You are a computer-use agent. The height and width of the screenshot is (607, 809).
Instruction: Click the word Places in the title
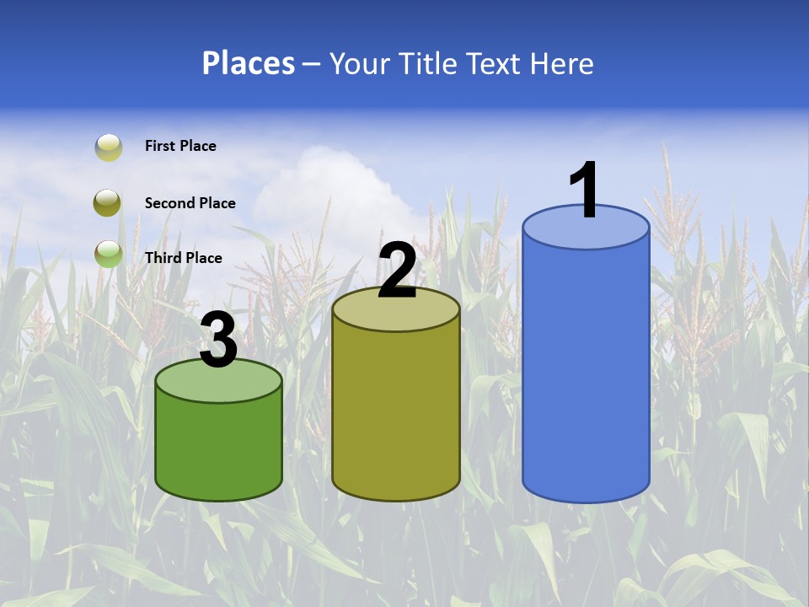point(248,63)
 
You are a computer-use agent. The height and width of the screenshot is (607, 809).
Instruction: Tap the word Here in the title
point(562,63)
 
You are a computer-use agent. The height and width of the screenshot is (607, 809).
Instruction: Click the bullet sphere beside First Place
point(109,148)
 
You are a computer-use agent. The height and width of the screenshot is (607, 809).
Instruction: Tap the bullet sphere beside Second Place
point(108,202)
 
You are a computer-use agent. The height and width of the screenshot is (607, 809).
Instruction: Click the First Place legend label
point(180,146)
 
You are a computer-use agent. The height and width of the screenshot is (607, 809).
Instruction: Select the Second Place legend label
point(190,203)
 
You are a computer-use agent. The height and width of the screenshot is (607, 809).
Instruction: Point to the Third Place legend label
point(183,258)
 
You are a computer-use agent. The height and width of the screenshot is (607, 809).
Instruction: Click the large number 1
point(584,191)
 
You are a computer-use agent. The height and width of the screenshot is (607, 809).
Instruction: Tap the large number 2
point(397,271)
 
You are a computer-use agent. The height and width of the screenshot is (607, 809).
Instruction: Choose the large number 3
point(218,341)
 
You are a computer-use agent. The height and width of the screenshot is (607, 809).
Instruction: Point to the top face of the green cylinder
point(218,384)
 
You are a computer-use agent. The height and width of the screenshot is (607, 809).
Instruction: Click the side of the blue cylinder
point(586,371)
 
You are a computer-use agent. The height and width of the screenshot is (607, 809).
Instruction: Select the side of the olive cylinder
point(396,413)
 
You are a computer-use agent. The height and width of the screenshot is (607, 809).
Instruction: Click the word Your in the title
point(361,63)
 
